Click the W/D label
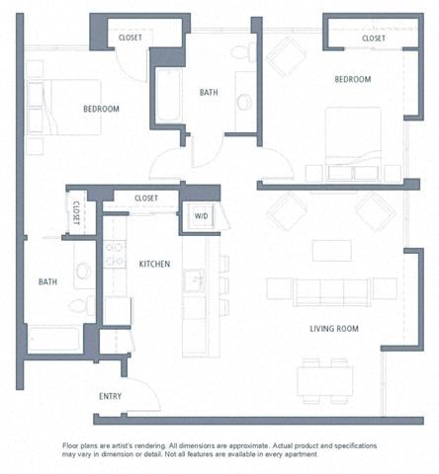pyautogui.click(x=201, y=215)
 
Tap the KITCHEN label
pyautogui.click(x=154, y=264)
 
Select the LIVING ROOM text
pyautogui.click(x=333, y=328)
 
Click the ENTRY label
pyautogui.click(x=111, y=396)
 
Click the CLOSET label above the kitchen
pyautogui.click(x=146, y=198)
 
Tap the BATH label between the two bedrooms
pyautogui.click(x=209, y=93)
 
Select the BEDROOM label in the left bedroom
pyautogui.click(x=101, y=109)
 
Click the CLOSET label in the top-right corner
pyautogui.click(x=374, y=39)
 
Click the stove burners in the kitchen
pyautogui.click(x=116, y=255)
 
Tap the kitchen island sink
pyautogui.click(x=195, y=280)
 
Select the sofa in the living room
pyautogui.click(x=331, y=290)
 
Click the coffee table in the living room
pyautogui.click(x=331, y=250)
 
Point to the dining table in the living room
pyautogui.click(x=324, y=379)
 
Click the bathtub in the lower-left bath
pyautogui.click(x=55, y=339)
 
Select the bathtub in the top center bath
pyautogui.click(x=168, y=95)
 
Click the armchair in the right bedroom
pyautogui.click(x=286, y=55)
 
